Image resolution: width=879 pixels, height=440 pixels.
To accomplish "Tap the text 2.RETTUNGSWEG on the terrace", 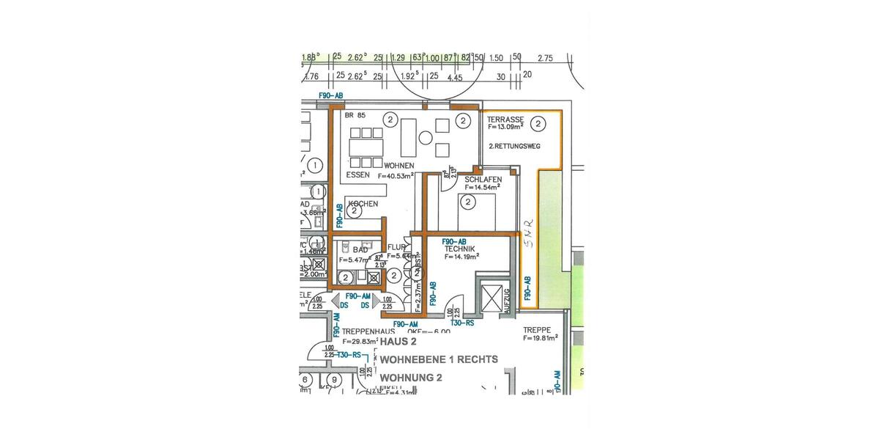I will click(x=514, y=147).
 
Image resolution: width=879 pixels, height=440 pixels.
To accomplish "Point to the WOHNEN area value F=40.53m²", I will click(x=396, y=176).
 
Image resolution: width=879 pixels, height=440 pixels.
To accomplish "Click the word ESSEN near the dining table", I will click(x=358, y=175).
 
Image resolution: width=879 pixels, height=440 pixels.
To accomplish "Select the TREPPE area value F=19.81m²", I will click(x=541, y=339).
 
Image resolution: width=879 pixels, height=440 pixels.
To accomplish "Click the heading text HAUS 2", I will click(x=397, y=342).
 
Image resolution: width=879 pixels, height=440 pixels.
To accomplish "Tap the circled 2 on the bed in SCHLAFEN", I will click(x=467, y=202).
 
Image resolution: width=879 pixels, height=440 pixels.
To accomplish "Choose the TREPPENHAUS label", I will click(x=366, y=331).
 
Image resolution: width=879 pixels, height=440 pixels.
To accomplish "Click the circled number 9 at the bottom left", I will click(x=334, y=380).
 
